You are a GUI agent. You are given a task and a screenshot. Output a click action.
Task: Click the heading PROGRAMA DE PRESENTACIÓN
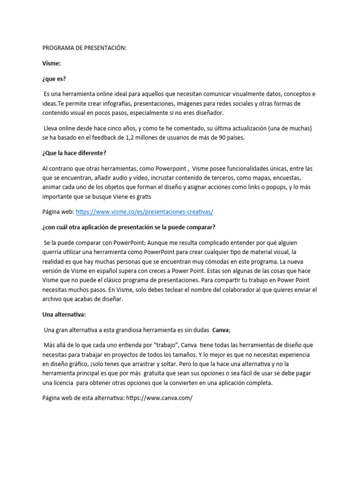tap(84, 48)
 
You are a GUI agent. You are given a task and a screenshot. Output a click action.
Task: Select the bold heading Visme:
tap(52, 63)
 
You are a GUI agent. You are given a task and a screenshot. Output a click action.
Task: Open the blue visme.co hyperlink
tap(144, 212)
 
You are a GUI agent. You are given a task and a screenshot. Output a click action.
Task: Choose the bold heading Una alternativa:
tap(64, 315)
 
